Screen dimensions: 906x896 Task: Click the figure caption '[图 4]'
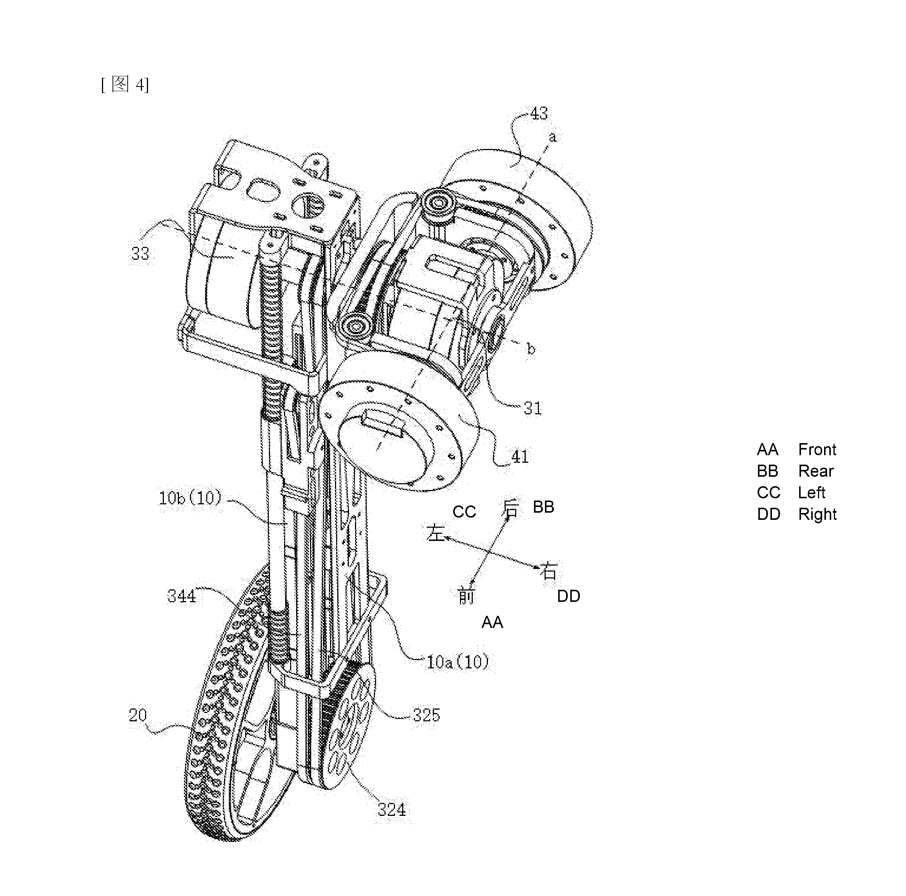click(x=125, y=84)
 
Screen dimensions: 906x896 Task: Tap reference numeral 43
click(x=539, y=113)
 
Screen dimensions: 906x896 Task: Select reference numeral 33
click(x=140, y=253)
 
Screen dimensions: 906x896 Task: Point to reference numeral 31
click(x=533, y=408)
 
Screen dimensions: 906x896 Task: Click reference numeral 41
click(x=520, y=456)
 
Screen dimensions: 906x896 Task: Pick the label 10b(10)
click(x=190, y=498)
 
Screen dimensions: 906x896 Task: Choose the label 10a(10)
click(x=458, y=662)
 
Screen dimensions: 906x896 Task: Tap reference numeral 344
click(x=182, y=596)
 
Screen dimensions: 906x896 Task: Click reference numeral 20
click(x=138, y=715)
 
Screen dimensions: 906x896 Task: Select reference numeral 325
click(x=426, y=715)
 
